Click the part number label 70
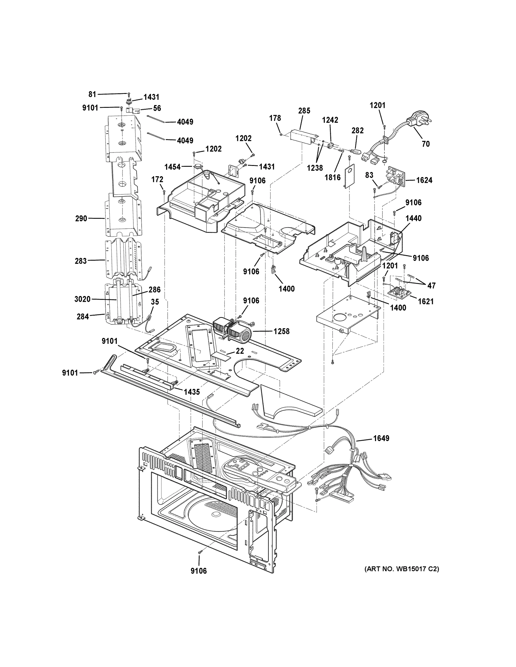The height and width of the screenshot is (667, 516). point(426,144)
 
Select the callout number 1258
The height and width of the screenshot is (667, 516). point(281,331)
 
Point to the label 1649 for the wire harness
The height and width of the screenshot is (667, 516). point(381,439)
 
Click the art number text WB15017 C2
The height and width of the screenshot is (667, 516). point(401,569)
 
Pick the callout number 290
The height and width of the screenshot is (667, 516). point(81,219)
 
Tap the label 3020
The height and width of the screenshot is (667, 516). point(82,299)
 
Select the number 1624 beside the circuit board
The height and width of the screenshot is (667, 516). point(424,180)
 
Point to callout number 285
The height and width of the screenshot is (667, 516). point(304,111)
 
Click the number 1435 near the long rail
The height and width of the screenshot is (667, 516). point(192,392)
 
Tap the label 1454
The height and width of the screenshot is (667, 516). point(172,167)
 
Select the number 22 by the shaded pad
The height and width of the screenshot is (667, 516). point(240,351)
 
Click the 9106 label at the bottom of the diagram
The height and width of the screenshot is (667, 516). point(199,571)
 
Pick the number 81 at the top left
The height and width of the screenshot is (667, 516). point(92,94)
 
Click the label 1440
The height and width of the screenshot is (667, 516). point(413,218)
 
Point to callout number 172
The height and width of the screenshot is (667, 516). point(157,180)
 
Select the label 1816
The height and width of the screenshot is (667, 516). point(332,177)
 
